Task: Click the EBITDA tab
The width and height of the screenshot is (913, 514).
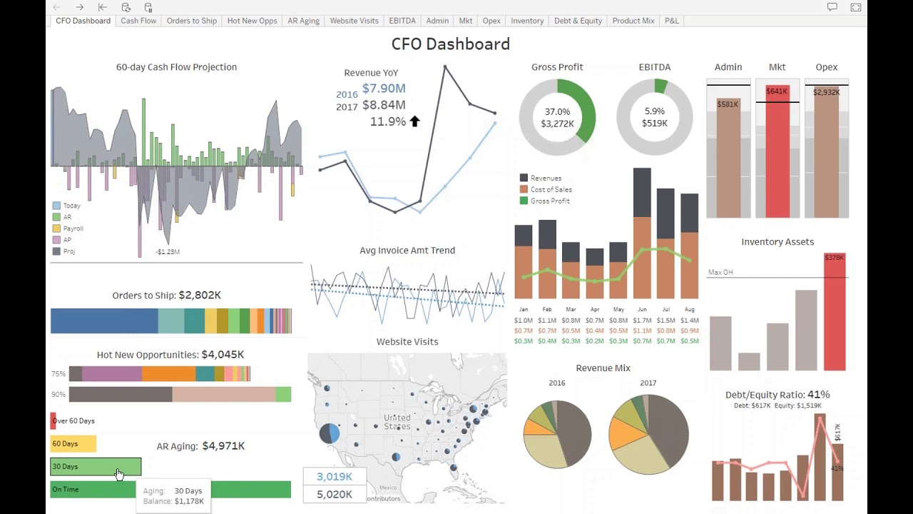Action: (x=402, y=21)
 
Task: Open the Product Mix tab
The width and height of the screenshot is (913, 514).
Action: (x=633, y=21)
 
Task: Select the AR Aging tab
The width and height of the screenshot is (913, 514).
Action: (x=303, y=21)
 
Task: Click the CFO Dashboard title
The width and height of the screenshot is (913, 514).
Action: (x=450, y=44)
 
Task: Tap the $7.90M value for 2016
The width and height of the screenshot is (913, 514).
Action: (x=384, y=89)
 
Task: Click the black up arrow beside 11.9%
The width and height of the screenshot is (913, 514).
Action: (x=414, y=121)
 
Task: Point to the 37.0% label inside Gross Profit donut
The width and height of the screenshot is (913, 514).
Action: (x=557, y=112)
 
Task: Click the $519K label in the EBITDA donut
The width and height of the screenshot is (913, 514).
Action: (x=654, y=124)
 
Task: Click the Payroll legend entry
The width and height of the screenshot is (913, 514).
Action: (x=73, y=228)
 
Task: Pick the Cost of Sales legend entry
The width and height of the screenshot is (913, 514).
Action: (x=551, y=190)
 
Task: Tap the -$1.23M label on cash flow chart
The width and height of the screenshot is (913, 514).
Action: (x=168, y=252)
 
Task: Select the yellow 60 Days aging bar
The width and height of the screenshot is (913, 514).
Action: (x=73, y=444)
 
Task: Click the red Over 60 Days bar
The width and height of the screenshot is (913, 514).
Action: (x=53, y=421)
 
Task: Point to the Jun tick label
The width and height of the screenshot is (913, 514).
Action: (x=642, y=310)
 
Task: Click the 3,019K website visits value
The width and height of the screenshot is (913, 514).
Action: (x=335, y=477)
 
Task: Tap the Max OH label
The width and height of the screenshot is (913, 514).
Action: (x=720, y=273)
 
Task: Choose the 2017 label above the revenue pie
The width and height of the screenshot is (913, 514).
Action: (x=648, y=383)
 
